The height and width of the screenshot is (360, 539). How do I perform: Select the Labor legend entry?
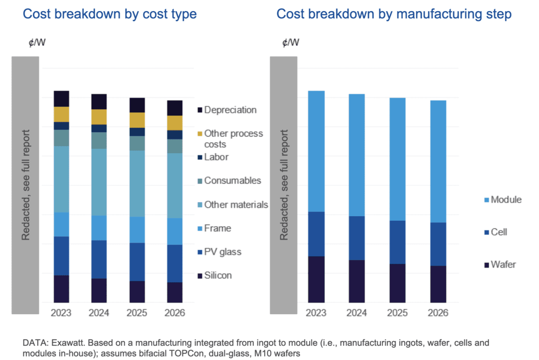(216, 157)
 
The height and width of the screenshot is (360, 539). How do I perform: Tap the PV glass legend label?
(223, 252)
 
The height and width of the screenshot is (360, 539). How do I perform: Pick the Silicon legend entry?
(218, 275)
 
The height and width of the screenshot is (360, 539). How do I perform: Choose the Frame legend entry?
(217, 228)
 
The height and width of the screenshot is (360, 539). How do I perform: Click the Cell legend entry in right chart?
(499, 232)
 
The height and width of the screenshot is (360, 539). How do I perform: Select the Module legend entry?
(506, 200)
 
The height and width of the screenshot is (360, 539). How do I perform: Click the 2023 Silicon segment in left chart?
(62, 289)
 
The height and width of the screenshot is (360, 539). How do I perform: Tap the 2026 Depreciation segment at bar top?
(175, 108)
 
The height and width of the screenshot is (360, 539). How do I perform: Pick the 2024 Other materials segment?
(99, 182)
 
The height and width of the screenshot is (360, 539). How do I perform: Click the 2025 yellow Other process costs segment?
(137, 120)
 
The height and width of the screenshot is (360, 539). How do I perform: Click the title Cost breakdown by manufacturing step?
(394, 14)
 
